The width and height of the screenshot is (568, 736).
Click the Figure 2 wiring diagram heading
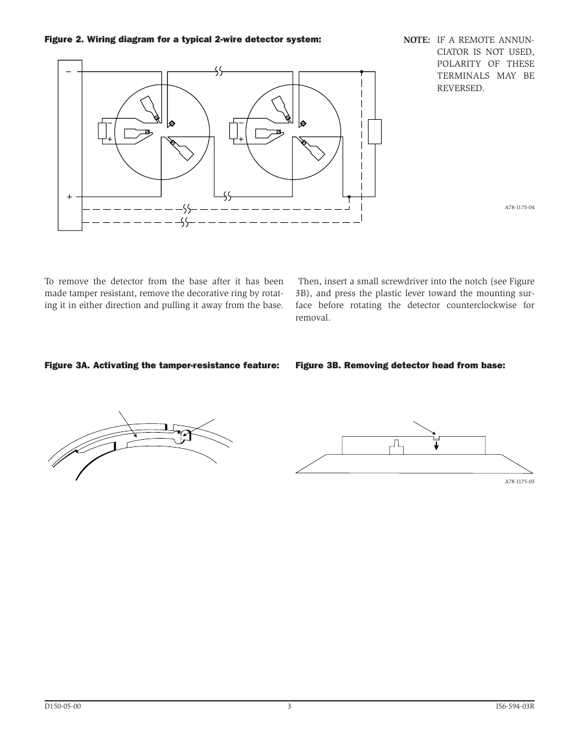coord(183,39)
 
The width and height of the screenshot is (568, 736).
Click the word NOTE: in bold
coord(416,40)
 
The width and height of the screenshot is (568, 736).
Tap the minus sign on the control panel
coord(68,72)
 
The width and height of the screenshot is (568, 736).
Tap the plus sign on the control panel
coord(69,196)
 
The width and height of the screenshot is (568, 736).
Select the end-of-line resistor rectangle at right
coord(374,132)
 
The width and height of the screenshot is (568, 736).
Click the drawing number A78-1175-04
coord(519,207)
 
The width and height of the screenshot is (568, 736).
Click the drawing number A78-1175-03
coord(519,482)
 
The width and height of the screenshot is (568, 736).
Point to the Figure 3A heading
coord(161,365)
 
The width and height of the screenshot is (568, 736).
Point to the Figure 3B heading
coord(400,365)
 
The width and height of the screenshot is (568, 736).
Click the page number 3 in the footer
coord(289,707)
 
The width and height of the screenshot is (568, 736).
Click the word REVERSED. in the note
coord(460,88)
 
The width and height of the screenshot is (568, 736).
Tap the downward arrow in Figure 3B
coord(436,444)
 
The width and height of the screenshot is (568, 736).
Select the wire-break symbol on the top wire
coord(219,72)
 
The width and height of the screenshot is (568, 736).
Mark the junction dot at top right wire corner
coord(361,72)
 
